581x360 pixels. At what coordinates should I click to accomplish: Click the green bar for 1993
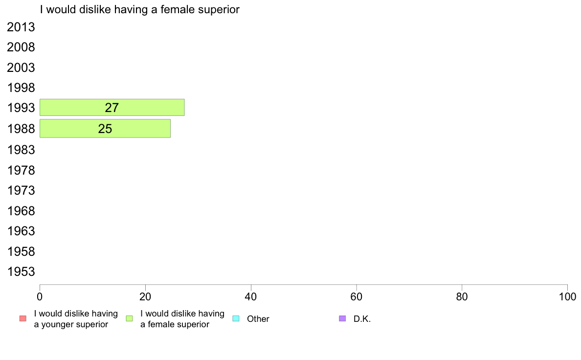[x=112, y=108]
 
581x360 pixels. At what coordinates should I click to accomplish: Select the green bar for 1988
[x=105, y=128]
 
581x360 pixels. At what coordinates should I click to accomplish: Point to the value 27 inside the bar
[x=112, y=108]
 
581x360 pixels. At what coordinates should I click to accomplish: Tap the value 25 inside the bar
[x=105, y=129]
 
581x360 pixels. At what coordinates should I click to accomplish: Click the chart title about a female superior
[x=140, y=9]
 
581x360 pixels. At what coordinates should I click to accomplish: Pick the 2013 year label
[x=21, y=27]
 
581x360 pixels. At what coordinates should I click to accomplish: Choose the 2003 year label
[x=21, y=67]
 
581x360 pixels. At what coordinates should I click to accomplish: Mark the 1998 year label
[x=21, y=88]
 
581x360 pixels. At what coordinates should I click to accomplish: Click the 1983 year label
[x=21, y=149]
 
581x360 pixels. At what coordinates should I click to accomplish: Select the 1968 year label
[x=21, y=211]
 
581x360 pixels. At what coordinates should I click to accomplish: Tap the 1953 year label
[x=21, y=271]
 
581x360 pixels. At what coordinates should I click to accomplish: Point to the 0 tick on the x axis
[x=40, y=296]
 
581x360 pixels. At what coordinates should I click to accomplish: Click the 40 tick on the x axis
[x=251, y=296]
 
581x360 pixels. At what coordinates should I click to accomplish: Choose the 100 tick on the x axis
[x=567, y=296]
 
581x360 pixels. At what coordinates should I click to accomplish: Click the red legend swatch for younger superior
[x=23, y=318]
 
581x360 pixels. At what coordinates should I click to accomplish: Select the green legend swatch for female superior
[x=129, y=318]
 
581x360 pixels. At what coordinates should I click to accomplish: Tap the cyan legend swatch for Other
[x=236, y=318]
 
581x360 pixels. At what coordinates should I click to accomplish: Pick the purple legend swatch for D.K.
[x=342, y=318]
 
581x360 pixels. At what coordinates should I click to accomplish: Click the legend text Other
[x=258, y=319]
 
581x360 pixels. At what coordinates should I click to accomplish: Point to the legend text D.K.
[x=362, y=319]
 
